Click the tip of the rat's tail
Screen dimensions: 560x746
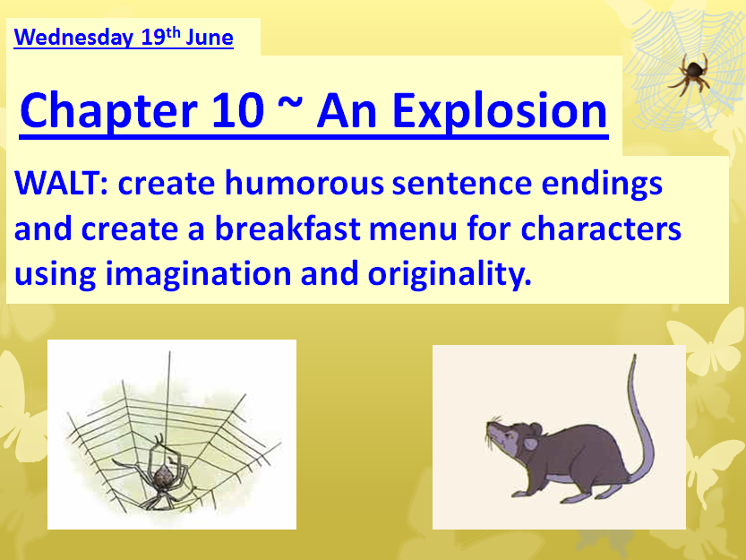(634, 357)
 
